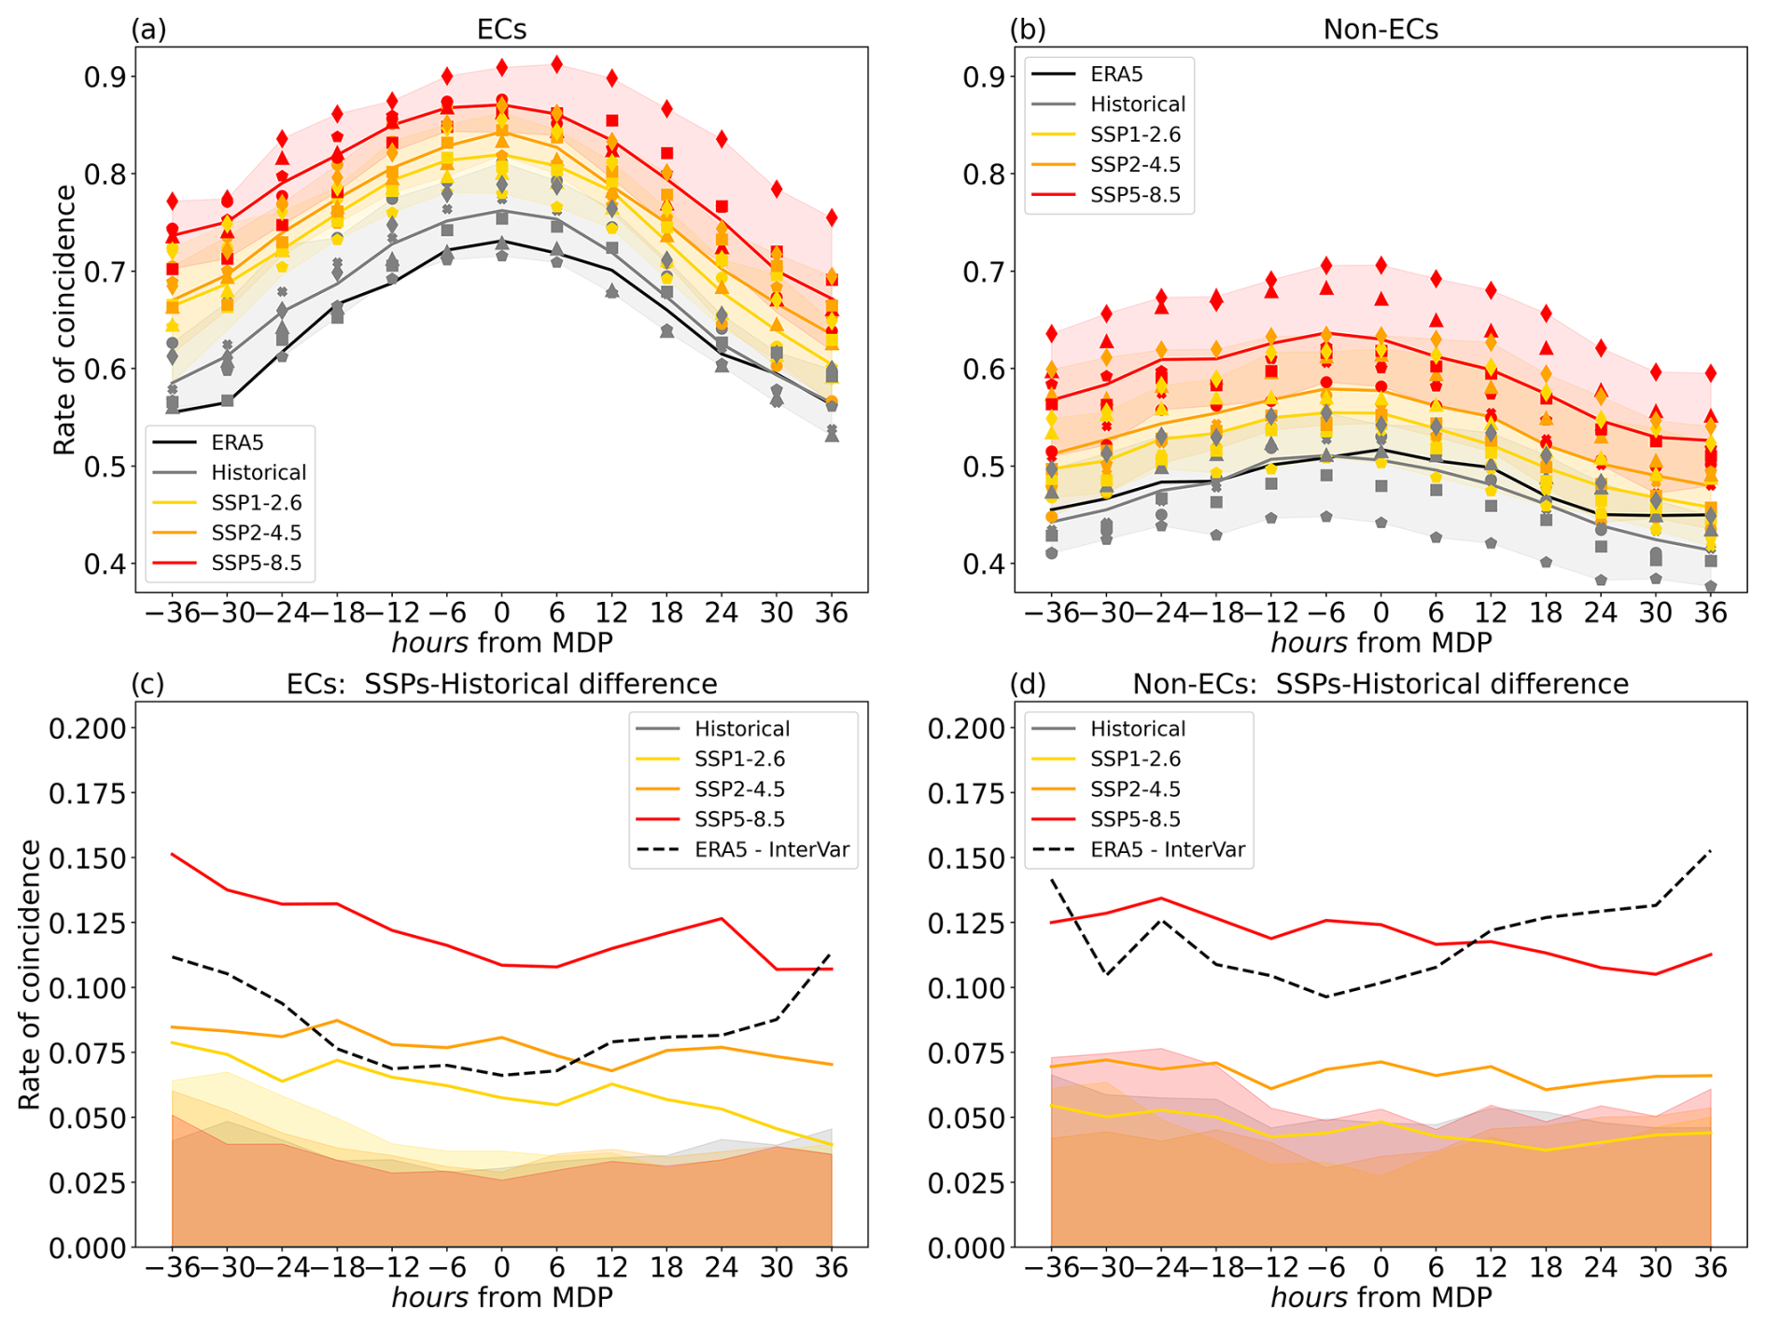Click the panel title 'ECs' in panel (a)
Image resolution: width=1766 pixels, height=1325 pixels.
(x=501, y=30)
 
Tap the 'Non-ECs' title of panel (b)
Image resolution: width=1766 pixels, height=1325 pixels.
(x=1381, y=30)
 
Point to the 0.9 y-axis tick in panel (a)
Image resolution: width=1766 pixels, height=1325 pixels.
(x=105, y=77)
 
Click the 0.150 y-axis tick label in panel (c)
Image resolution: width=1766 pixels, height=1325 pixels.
(x=87, y=858)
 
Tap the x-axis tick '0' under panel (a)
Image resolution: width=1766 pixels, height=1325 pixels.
(x=501, y=613)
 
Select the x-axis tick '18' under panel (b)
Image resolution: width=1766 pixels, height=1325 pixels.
(x=1546, y=613)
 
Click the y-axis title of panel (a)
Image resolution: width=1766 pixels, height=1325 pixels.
(x=64, y=320)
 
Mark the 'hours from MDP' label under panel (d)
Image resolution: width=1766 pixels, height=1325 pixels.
(x=1381, y=1297)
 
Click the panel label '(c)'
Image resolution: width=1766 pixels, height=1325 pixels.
(x=148, y=684)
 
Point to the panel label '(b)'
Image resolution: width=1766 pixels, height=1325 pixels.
(x=1028, y=30)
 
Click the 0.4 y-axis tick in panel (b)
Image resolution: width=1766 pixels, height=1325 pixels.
(x=985, y=564)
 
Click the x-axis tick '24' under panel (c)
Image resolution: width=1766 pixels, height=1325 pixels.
(x=722, y=1267)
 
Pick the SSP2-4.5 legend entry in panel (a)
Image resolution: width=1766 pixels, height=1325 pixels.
(x=257, y=533)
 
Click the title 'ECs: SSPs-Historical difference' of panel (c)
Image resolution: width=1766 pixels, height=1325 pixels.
(x=501, y=684)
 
